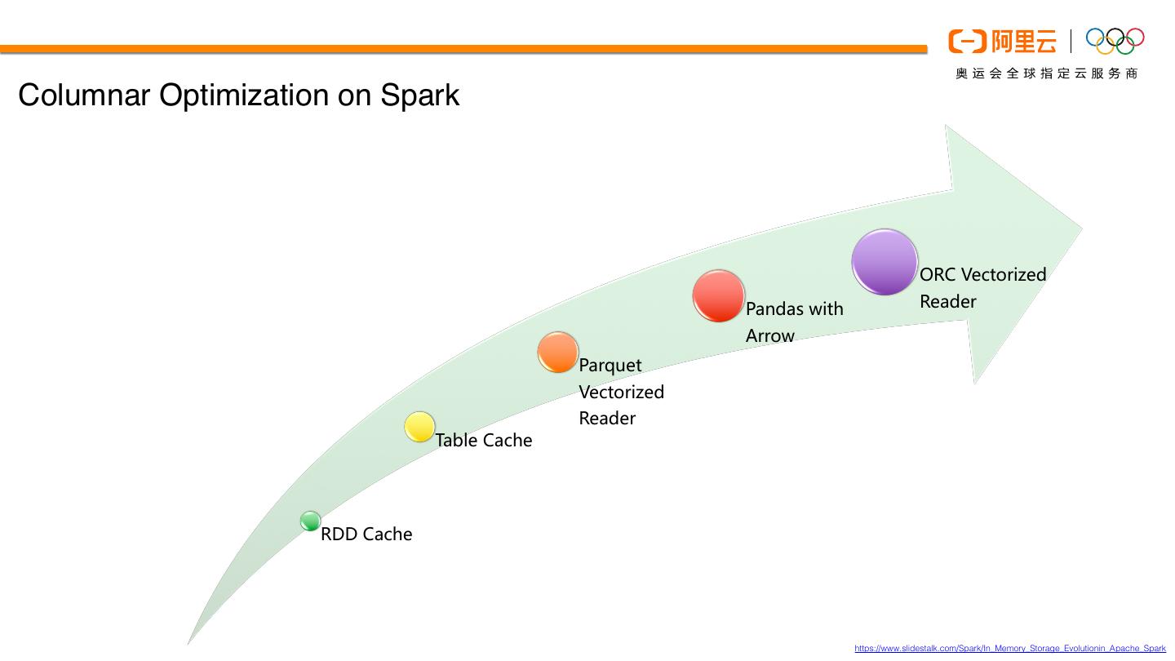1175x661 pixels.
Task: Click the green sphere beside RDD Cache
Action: point(310,521)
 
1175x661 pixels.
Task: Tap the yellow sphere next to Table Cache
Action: point(419,427)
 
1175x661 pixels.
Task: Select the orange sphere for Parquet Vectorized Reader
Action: point(558,353)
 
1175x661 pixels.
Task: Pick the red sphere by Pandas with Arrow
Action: point(719,296)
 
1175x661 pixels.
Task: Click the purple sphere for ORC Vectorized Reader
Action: point(885,262)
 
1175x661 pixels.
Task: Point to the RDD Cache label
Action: point(366,534)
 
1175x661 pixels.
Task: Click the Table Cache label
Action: point(483,440)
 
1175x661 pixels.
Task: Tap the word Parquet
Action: point(610,365)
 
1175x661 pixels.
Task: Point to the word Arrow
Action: point(769,335)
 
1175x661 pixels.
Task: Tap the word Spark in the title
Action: point(419,95)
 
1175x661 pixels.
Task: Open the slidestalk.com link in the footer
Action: point(1010,649)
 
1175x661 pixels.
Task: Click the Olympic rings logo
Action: point(1115,41)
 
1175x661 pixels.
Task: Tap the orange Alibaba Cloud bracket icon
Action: point(967,41)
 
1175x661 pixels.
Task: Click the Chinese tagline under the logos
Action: point(1046,73)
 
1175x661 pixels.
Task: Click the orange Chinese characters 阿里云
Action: point(1023,41)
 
